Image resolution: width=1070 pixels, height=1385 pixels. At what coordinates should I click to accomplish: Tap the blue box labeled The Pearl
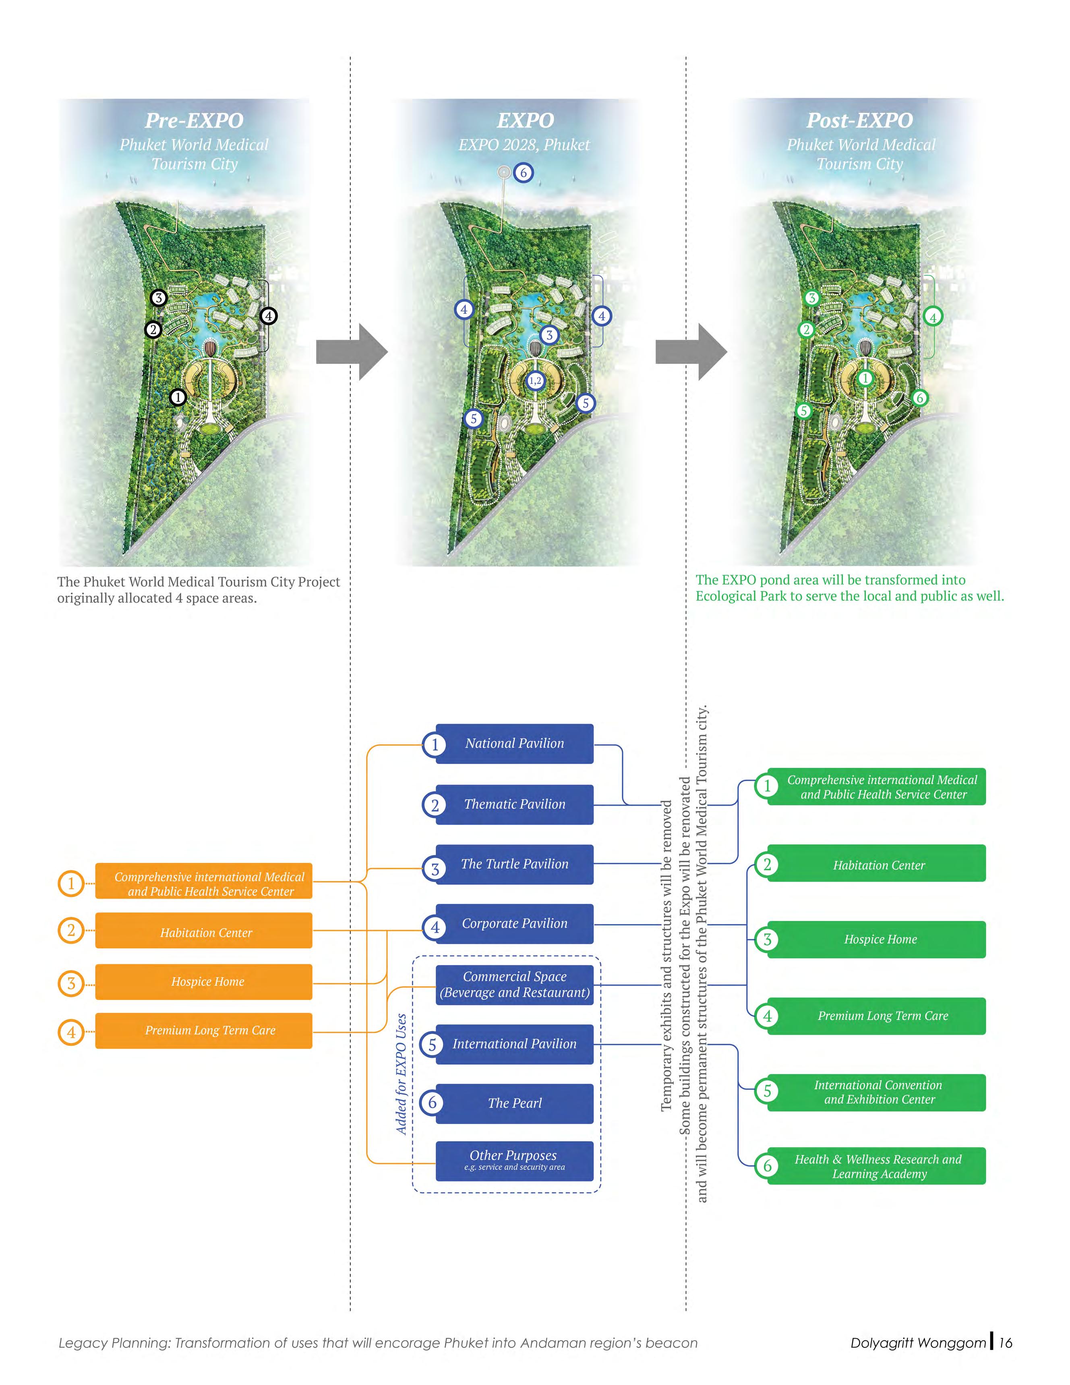[514, 1103]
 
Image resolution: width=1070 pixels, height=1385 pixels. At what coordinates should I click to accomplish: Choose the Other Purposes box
[514, 1161]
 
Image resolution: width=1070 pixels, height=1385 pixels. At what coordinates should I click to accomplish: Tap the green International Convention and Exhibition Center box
[877, 1092]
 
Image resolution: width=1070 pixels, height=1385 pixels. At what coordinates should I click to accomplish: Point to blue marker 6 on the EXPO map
[523, 172]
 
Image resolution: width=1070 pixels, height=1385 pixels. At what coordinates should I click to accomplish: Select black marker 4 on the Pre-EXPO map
[268, 316]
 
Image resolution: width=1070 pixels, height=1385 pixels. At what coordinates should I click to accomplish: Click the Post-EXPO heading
[859, 120]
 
